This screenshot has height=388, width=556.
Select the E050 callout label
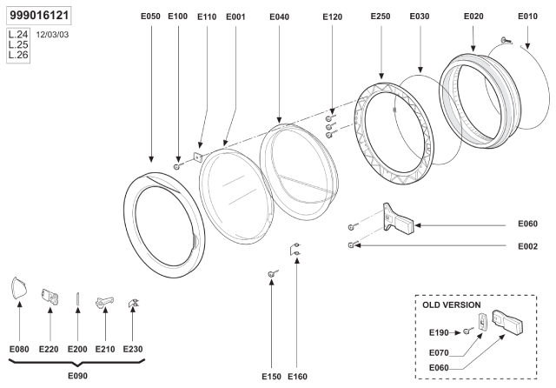tap(152, 17)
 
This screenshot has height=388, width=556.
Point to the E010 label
tap(528, 17)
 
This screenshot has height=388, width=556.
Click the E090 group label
tap(78, 376)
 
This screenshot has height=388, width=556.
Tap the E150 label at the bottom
tap(272, 376)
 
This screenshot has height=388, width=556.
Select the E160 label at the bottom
tap(297, 376)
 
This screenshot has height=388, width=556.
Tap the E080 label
tap(19, 349)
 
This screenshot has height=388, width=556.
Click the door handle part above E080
tap(19, 288)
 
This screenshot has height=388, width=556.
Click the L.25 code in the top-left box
tap(17, 44)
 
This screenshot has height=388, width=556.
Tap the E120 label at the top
tap(333, 17)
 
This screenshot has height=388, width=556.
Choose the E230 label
tap(133, 349)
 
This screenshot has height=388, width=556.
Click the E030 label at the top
tap(420, 17)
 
